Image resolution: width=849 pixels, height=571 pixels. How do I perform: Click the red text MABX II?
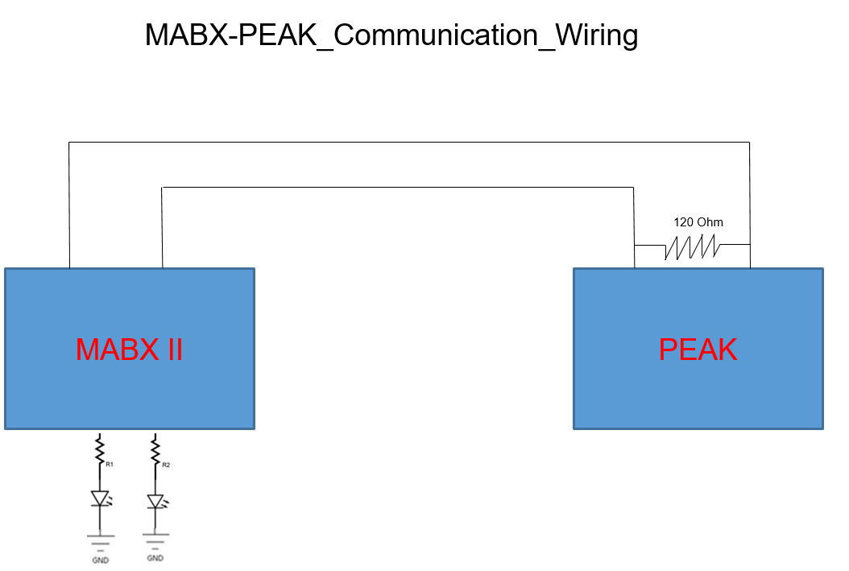[130, 350]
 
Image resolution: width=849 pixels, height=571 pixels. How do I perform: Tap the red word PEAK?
[698, 350]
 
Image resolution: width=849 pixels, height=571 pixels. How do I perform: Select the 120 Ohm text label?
[698, 222]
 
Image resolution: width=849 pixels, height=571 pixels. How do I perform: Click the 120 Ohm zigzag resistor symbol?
[693, 246]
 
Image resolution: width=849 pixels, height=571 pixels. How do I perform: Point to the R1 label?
[110, 465]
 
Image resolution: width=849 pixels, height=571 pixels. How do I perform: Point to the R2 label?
[166, 465]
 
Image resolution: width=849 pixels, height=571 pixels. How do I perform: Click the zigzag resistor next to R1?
[100, 450]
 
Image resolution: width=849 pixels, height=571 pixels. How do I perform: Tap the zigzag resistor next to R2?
[155, 451]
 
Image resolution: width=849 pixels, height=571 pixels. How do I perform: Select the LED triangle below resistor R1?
[100, 499]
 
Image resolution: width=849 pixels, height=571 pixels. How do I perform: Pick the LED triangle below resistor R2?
[155, 502]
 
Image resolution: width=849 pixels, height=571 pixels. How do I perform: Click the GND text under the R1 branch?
[100, 561]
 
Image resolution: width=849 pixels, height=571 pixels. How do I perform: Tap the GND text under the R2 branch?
[155, 558]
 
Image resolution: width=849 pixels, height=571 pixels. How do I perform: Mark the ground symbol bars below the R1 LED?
[101, 542]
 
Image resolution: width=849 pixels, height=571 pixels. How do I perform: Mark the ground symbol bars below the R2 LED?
[156, 540]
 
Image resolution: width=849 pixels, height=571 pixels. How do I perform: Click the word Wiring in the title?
[597, 35]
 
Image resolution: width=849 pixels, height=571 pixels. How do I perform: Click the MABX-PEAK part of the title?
[230, 35]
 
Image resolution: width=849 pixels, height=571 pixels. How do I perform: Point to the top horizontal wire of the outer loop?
[409, 143]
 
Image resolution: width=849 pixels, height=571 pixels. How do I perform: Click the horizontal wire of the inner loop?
[397, 188]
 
